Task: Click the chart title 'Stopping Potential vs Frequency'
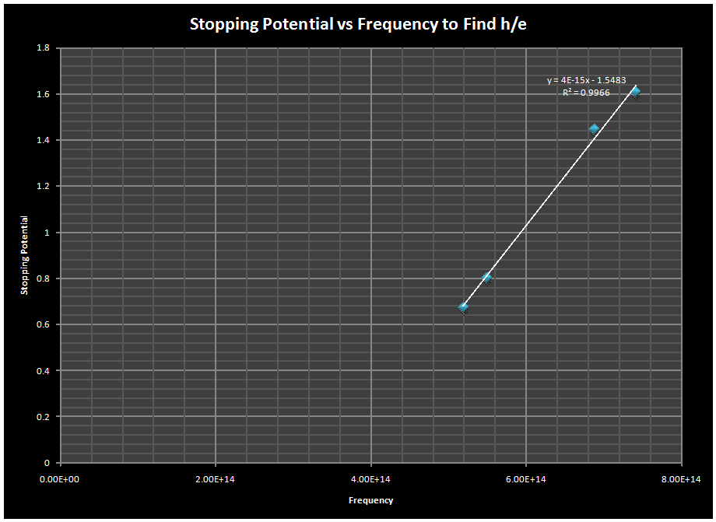click(x=359, y=24)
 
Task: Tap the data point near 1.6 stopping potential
click(x=635, y=92)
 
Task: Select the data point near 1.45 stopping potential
click(x=594, y=129)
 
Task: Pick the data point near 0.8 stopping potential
click(x=487, y=278)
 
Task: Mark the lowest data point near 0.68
click(x=464, y=307)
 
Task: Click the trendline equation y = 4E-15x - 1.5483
click(x=586, y=80)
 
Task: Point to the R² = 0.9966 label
click(x=586, y=93)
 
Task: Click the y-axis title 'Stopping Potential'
click(x=24, y=255)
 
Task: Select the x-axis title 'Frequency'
click(x=370, y=500)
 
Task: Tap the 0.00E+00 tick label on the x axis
click(x=61, y=478)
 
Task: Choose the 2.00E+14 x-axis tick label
click(x=216, y=478)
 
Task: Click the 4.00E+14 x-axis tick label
click(x=370, y=478)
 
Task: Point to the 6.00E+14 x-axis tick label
click(x=526, y=478)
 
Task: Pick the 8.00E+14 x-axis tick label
click(x=681, y=478)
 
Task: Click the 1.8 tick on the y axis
click(x=44, y=48)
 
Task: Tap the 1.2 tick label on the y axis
click(x=44, y=187)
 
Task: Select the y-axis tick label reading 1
click(x=47, y=233)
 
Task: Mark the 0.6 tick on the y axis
click(x=44, y=324)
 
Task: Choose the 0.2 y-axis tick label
click(x=44, y=417)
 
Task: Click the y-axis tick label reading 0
click(x=47, y=463)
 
